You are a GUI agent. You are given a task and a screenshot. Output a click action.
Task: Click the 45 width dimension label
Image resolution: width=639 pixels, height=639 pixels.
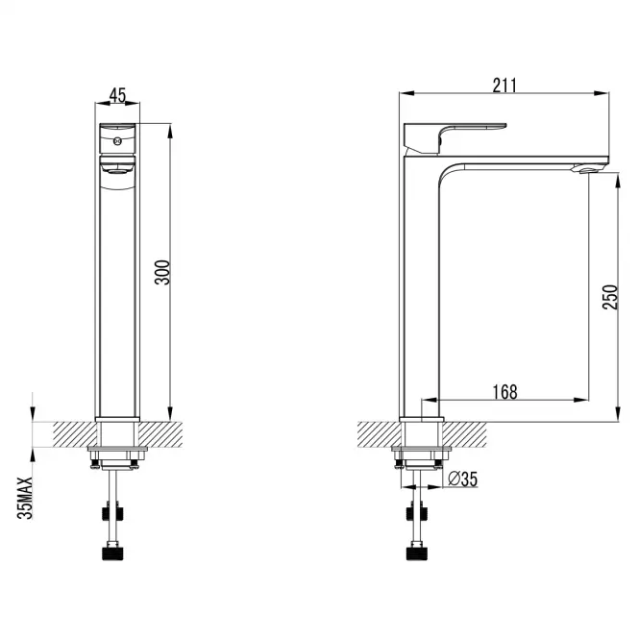[x=117, y=95]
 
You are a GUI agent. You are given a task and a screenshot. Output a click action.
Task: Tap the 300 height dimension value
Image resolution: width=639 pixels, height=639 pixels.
[x=162, y=272]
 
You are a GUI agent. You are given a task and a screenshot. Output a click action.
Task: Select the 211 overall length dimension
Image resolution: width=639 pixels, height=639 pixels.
[x=504, y=86]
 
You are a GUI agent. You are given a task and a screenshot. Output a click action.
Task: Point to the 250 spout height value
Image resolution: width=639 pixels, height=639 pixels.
[x=610, y=298]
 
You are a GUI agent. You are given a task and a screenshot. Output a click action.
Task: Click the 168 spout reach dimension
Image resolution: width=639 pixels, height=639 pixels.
[x=504, y=392]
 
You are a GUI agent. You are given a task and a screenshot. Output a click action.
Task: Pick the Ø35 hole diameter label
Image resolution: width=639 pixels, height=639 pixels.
[x=462, y=479]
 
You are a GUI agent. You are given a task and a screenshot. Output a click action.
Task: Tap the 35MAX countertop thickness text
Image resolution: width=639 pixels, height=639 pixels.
[x=25, y=498]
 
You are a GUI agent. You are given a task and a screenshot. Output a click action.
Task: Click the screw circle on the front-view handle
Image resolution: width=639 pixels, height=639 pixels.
[x=117, y=141]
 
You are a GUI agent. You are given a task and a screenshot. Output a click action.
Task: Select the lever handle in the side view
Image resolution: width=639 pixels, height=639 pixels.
[x=455, y=137]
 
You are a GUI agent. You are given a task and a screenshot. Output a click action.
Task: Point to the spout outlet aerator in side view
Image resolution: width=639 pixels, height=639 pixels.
[x=587, y=168]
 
